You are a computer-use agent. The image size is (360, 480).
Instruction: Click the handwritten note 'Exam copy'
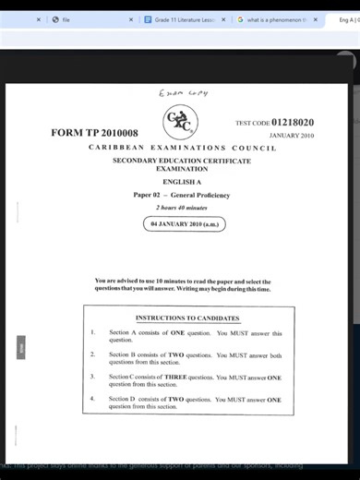point(184,92)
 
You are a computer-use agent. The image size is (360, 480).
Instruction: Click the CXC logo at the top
point(180,120)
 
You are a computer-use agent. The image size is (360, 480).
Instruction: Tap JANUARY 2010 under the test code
point(292,136)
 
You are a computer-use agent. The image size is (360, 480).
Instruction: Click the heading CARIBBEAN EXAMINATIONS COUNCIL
point(182,148)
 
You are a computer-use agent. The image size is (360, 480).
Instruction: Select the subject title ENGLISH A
point(181,182)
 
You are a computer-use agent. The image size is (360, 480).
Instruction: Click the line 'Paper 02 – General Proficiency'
point(181,196)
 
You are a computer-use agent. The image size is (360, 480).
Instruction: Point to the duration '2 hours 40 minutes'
point(181,208)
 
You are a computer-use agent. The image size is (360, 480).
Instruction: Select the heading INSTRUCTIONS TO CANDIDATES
point(187,318)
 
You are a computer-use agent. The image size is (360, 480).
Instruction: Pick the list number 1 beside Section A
point(92,333)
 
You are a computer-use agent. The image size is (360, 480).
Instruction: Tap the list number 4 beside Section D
point(92,400)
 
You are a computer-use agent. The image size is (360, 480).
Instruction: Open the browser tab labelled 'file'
point(66,19)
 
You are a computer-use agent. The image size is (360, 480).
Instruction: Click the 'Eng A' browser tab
point(346,19)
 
